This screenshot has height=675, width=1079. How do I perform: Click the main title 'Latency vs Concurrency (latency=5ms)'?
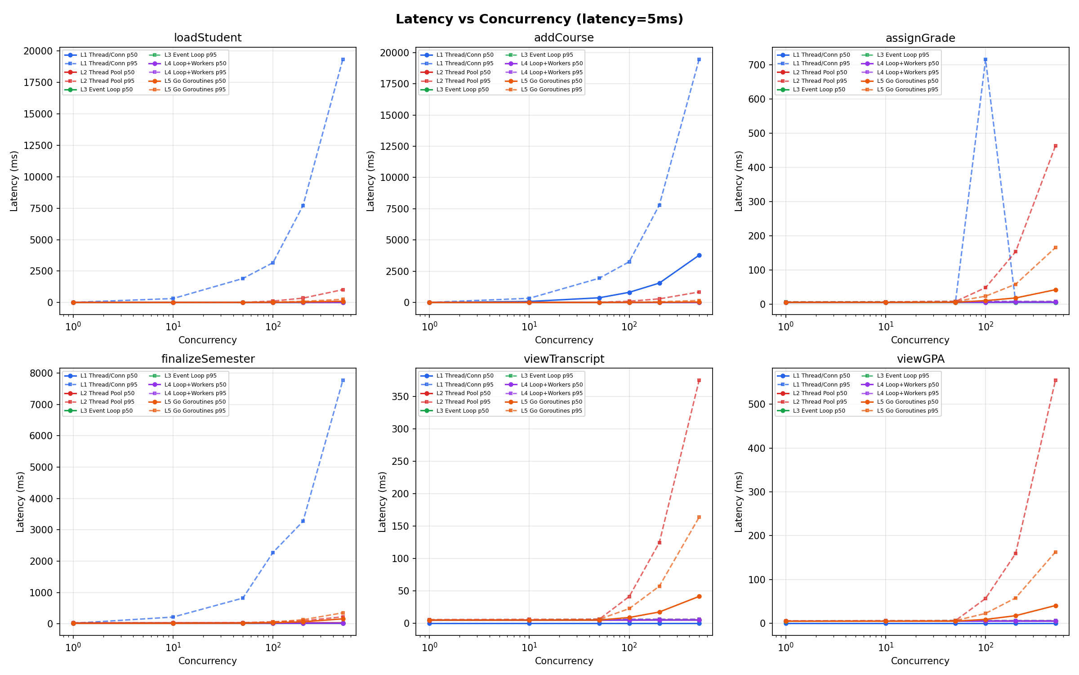click(539, 19)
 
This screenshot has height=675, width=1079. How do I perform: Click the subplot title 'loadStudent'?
click(207, 38)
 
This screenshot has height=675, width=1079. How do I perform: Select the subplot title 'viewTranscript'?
click(564, 359)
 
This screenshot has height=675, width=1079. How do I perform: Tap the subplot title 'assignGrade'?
click(920, 38)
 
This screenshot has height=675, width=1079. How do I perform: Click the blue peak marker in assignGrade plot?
click(985, 59)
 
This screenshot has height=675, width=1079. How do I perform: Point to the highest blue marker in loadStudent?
click(343, 59)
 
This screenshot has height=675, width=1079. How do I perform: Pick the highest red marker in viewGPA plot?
click(1056, 380)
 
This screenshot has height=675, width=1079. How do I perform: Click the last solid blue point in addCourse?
click(699, 255)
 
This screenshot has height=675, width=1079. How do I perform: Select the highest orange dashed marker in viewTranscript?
click(699, 517)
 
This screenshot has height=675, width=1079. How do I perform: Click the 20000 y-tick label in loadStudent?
click(38, 51)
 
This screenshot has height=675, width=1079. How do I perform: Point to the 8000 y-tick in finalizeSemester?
click(41, 373)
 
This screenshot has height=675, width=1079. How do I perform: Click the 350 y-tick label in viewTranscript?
click(400, 396)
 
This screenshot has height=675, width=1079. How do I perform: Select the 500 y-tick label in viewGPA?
click(757, 404)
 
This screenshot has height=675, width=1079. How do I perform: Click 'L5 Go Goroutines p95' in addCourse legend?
click(551, 90)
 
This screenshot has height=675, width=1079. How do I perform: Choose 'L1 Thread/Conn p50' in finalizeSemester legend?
click(109, 376)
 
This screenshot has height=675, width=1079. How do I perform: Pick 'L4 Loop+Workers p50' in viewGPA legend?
click(908, 385)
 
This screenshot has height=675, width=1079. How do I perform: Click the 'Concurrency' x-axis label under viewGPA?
click(920, 661)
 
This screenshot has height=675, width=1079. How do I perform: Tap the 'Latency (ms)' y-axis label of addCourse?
click(370, 181)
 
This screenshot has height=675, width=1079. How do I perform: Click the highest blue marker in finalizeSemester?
click(343, 380)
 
